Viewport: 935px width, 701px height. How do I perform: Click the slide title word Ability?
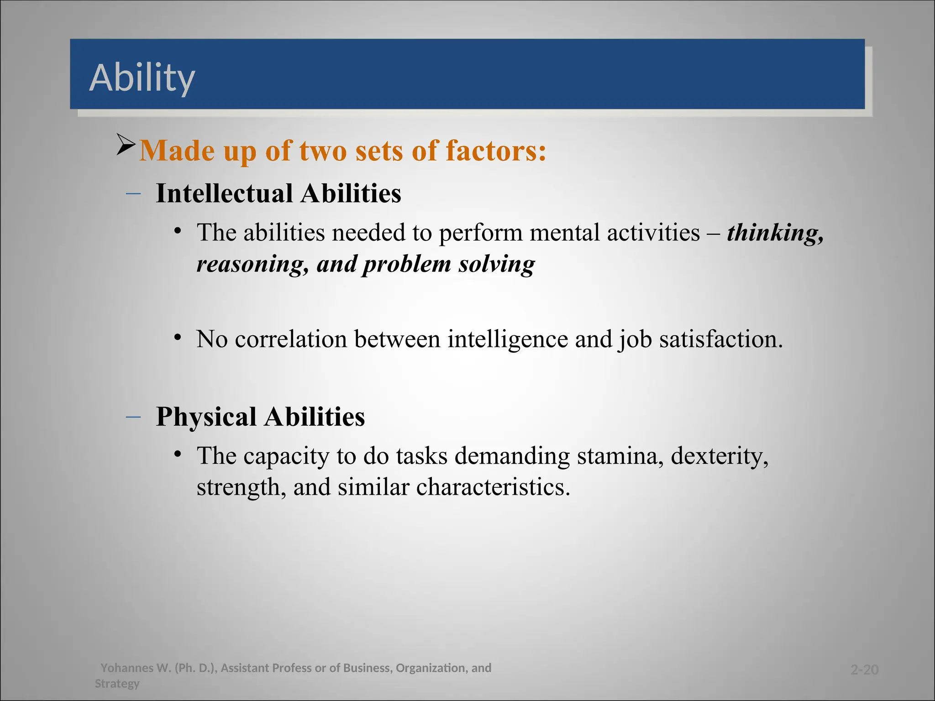[x=142, y=78]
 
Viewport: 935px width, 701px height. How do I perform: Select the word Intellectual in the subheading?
[x=224, y=193]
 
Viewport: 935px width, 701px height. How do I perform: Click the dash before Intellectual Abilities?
[x=133, y=194]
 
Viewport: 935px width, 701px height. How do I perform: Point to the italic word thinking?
[x=775, y=233]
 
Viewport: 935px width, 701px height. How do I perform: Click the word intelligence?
[x=508, y=340]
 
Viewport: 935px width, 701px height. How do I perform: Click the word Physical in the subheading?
[x=206, y=417]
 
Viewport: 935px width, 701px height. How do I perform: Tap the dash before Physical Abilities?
[x=133, y=417]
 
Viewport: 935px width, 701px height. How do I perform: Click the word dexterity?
[x=720, y=456]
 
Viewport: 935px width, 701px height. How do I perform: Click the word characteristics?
[x=493, y=487]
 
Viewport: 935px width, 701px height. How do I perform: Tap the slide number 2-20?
[x=864, y=670]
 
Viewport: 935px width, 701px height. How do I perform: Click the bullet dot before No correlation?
[x=178, y=338]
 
